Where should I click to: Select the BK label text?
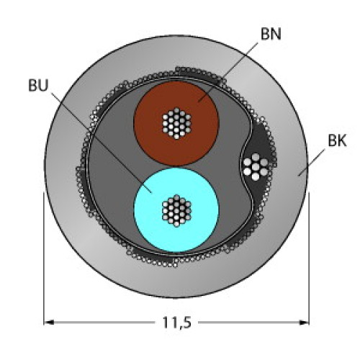(338, 141)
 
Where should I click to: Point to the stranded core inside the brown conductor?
(176, 122)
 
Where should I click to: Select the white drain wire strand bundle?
(256, 166)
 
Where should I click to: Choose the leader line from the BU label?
(101, 144)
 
